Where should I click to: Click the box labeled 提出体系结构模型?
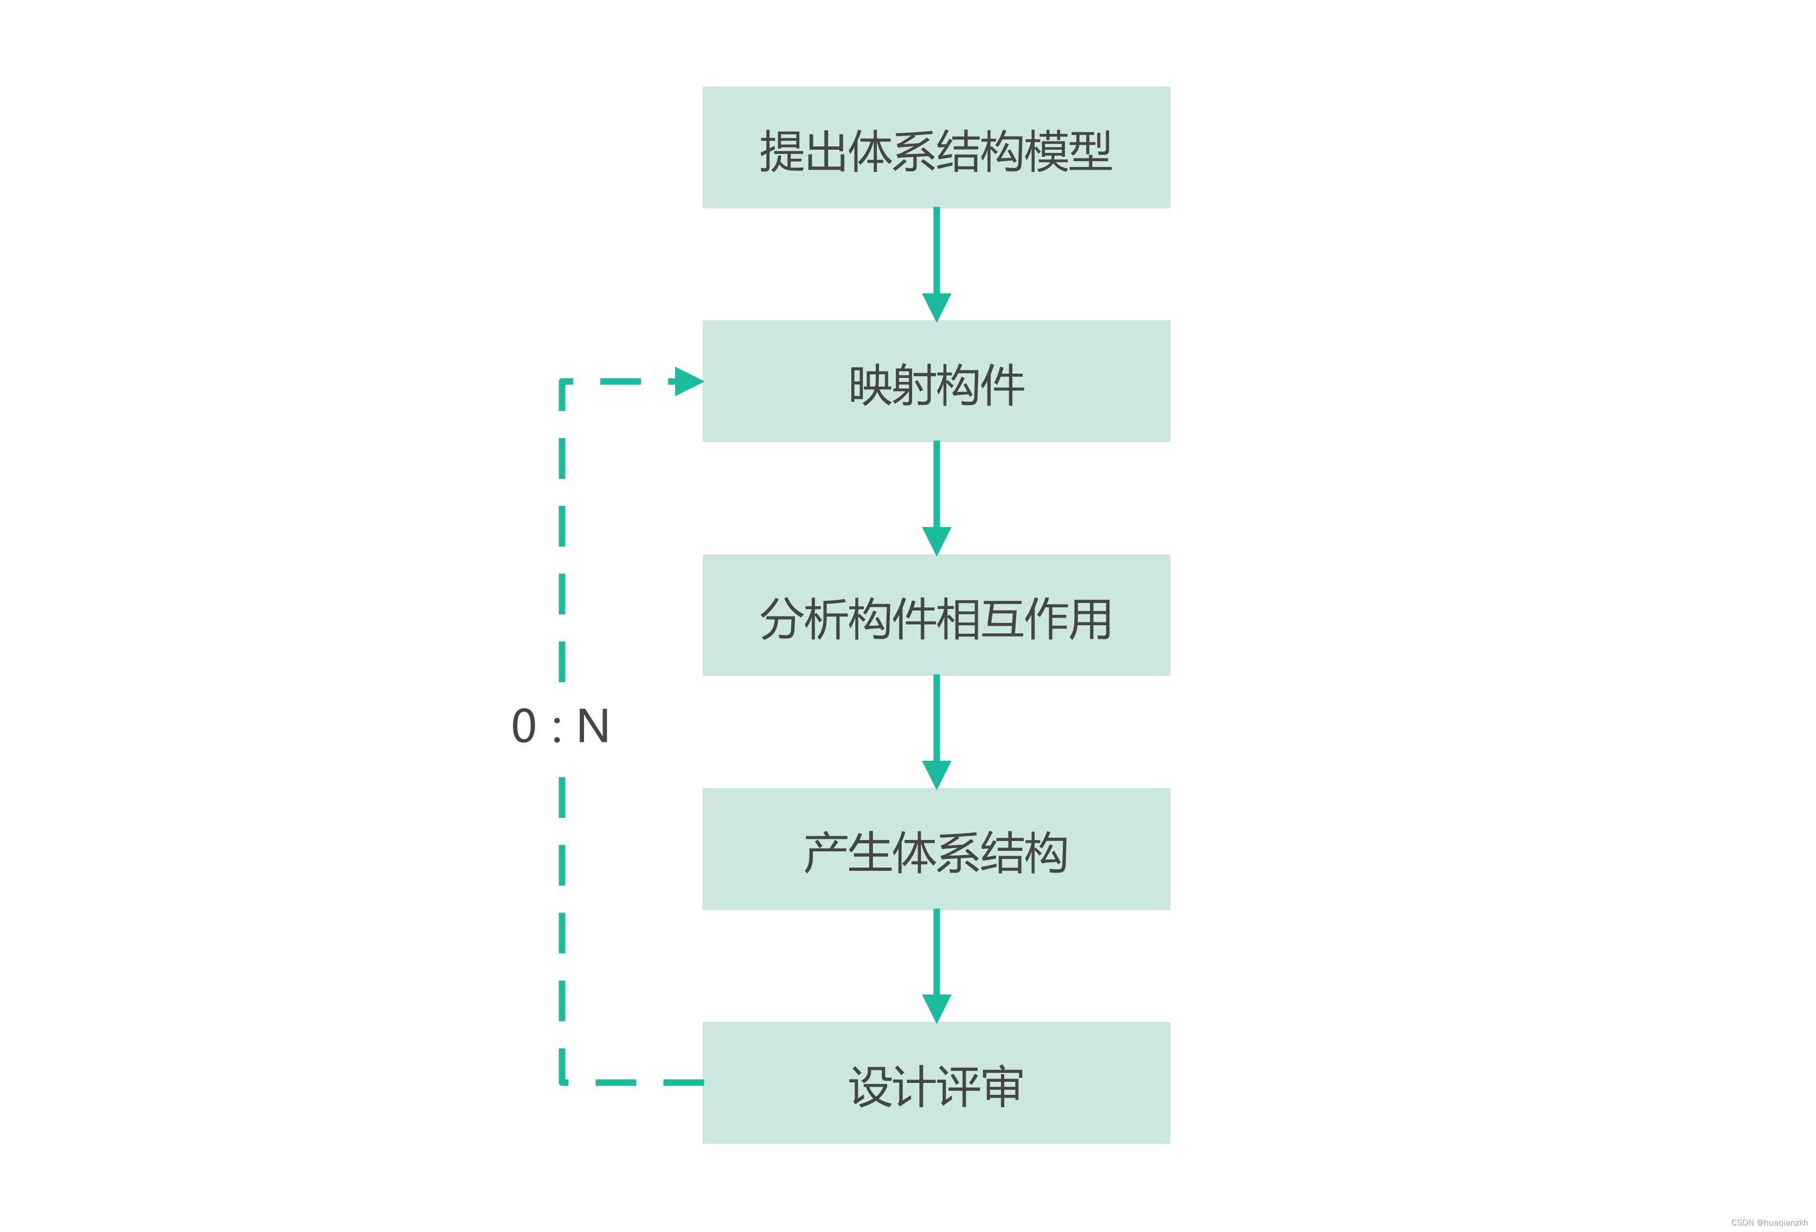pyautogui.click(x=936, y=147)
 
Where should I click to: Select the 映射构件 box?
pyautogui.click(x=936, y=381)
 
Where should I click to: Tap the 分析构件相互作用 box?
pyautogui.click(x=936, y=615)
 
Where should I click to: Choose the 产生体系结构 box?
pyautogui.click(x=936, y=849)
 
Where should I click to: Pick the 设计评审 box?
pyautogui.click(x=936, y=1083)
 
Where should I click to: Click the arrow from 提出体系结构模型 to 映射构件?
pyautogui.click(x=936, y=265)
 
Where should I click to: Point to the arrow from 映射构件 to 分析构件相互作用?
pyautogui.click(x=936, y=498)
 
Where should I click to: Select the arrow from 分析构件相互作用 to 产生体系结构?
pyautogui.click(x=936, y=732)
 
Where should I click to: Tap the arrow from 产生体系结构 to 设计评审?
pyautogui.click(x=936, y=966)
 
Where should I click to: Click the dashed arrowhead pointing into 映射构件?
pyautogui.click(x=689, y=381)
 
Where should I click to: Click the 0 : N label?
pyautogui.click(x=560, y=727)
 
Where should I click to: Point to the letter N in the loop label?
pyautogui.click(x=593, y=727)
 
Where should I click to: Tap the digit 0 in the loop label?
pyautogui.click(x=524, y=727)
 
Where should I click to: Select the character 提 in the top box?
pyautogui.click(x=782, y=151)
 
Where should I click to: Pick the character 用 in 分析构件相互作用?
pyautogui.click(x=1090, y=619)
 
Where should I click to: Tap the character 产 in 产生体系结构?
pyautogui.click(x=826, y=852)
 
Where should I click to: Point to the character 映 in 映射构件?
pyautogui.click(x=870, y=385)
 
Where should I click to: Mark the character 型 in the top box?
pyautogui.click(x=1090, y=151)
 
